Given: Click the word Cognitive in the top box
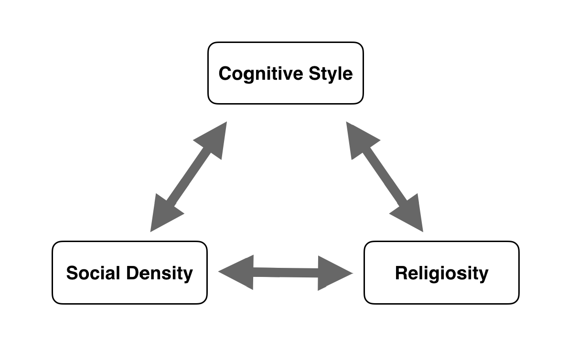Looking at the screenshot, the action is tap(261, 74).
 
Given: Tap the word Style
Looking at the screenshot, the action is tap(331, 74).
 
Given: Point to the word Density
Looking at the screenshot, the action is tap(160, 274).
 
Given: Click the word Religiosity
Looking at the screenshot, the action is tap(441, 274).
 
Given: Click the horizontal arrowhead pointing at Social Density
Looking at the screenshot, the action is tap(236, 272).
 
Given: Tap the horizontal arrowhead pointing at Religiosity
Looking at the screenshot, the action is tap(335, 273).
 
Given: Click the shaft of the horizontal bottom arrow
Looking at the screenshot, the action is tap(286, 272).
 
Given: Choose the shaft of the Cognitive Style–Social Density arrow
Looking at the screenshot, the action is tap(189, 177).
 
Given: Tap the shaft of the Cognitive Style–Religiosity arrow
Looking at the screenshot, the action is tap(385, 177).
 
